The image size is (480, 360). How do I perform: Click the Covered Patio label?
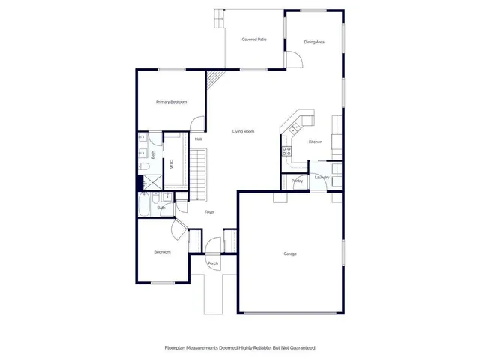pyautogui.click(x=254, y=40)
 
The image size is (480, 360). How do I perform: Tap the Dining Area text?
pyautogui.click(x=314, y=42)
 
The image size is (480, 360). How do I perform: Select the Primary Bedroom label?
pyautogui.click(x=171, y=101)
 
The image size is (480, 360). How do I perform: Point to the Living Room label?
pyautogui.click(x=243, y=131)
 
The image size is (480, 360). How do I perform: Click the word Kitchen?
pyautogui.click(x=316, y=142)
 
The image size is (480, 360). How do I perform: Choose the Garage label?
pyautogui.click(x=290, y=253)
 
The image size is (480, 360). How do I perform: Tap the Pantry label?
pyautogui.click(x=297, y=181)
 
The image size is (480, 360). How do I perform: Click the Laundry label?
pyautogui.click(x=322, y=177)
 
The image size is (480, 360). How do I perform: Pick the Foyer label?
pyautogui.click(x=210, y=212)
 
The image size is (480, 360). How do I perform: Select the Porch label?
pyautogui.click(x=213, y=264)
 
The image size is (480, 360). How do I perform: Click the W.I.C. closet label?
pyautogui.click(x=172, y=163)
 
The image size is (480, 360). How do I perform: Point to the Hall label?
pyautogui.click(x=198, y=139)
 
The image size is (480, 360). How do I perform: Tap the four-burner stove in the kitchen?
pyautogui.click(x=286, y=151)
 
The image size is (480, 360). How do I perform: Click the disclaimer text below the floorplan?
pyautogui.click(x=240, y=347)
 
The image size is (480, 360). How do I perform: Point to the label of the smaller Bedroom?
pyautogui.click(x=162, y=252)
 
